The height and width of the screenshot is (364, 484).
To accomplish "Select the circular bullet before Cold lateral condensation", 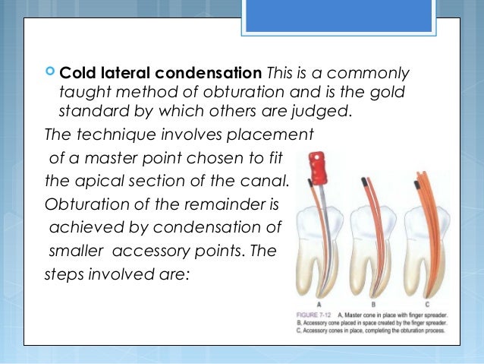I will tap(51, 74).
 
